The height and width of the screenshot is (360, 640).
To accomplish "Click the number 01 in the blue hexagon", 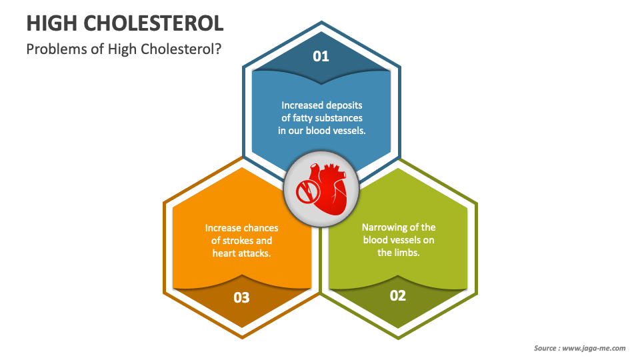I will [321, 56].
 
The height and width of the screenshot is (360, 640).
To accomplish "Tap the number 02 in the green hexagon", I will [398, 295].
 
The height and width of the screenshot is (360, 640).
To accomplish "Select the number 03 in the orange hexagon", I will [241, 297].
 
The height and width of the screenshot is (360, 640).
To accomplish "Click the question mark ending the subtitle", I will [218, 49].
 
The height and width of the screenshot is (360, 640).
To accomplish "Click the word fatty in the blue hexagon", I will [307, 118].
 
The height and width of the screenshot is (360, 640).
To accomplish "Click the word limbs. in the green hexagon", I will [407, 253].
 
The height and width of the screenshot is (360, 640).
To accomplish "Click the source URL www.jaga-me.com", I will [595, 348].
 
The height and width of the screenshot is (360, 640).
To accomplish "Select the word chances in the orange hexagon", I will [260, 228].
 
